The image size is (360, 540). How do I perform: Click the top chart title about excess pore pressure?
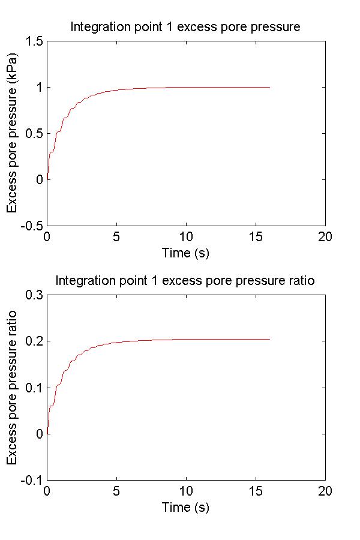(x=185, y=27)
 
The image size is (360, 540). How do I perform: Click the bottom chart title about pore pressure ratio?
(x=185, y=281)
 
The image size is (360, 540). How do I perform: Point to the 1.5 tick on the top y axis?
(x=34, y=41)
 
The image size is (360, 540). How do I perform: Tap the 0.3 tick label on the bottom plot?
(x=34, y=295)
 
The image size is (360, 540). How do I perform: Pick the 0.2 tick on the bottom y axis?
(x=34, y=341)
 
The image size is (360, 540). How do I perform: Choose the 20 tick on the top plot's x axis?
(x=325, y=236)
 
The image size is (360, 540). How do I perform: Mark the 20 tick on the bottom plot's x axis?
(x=325, y=490)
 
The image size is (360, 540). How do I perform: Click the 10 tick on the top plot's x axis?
(x=186, y=236)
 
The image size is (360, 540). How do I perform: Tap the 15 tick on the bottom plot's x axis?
(x=256, y=490)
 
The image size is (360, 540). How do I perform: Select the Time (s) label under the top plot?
(x=185, y=253)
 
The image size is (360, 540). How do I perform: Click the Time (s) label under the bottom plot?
(x=185, y=507)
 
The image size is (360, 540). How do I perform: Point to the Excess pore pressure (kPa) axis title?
(x=12, y=133)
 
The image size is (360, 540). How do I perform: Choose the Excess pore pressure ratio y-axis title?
(x=12, y=388)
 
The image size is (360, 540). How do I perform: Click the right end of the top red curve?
(x=269, y=88)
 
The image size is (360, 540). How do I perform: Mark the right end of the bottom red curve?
(x=269, y=340)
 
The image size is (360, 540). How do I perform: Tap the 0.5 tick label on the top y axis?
(x=34, y=134)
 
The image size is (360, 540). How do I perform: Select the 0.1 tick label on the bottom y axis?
(x=34, y=388)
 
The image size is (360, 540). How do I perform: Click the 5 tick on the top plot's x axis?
(x=116, y=236)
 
